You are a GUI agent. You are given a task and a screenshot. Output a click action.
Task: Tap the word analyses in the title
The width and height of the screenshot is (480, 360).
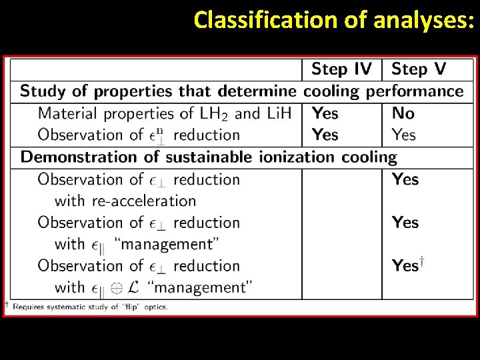(x=424, y=20)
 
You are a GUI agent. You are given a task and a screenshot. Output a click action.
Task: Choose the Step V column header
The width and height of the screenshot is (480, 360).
(x=419, y=69)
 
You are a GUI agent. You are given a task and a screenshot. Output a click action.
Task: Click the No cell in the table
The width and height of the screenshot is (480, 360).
(x=403, y=113)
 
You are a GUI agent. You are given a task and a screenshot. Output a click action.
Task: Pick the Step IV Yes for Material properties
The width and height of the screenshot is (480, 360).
(x=325, y=113)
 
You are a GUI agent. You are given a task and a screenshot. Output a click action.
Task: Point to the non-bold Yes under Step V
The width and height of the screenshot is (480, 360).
(x=404, y=135)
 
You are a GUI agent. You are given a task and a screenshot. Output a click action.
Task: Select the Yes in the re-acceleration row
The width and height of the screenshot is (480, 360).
(x=405, y=179)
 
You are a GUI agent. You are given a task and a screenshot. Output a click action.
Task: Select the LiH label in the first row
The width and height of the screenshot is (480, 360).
(x=278, y=113)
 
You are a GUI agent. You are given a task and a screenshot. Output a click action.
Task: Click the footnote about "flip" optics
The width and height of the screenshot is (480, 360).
(x=90, y=307)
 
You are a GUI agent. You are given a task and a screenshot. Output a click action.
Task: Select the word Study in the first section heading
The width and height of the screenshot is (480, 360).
(x=40, y=91)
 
